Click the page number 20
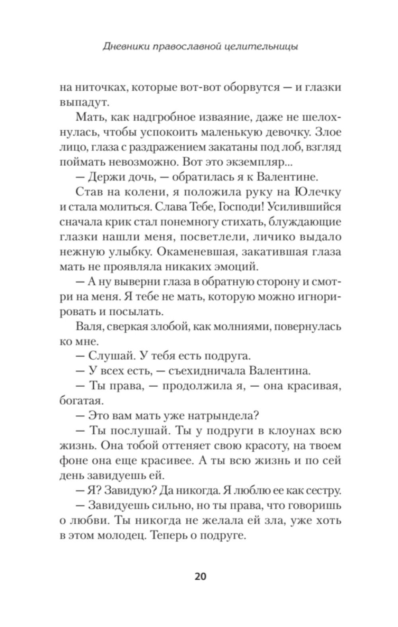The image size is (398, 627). point(200,577)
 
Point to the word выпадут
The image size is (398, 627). point(82,102)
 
